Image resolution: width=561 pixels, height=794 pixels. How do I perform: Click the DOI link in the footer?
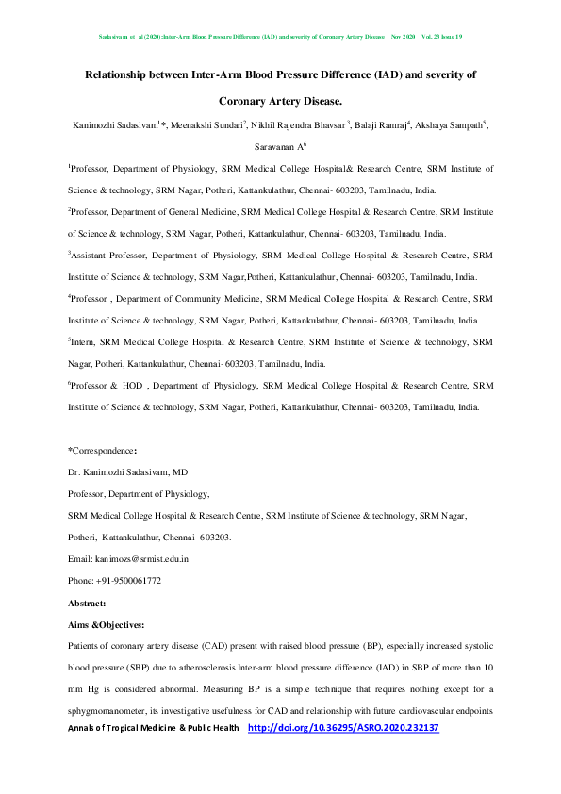tap(343, 729)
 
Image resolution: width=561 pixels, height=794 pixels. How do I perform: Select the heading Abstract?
tap(87, 602)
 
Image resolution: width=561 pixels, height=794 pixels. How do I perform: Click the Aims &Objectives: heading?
tap(108, 624)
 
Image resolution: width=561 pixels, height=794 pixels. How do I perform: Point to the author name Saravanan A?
tap(278, 148)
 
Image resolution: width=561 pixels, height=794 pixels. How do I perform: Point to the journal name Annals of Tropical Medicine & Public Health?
tap(152, 729)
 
